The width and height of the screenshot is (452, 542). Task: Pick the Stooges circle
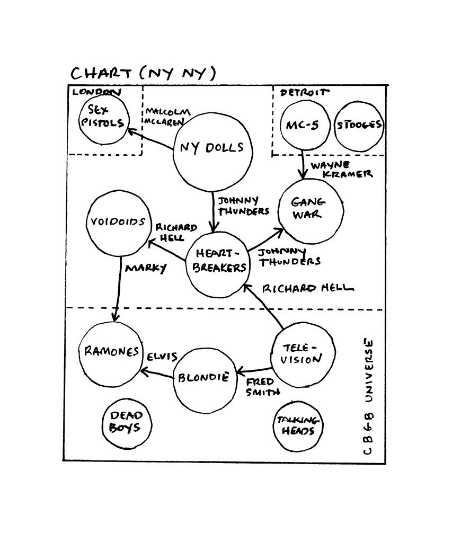click(359, 126)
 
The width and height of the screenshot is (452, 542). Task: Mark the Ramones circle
click(111, 352)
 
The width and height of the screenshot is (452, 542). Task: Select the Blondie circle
click(204, 378)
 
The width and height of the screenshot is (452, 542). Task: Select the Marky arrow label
click(145, 268)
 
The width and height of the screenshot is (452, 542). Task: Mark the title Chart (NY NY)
click(143, 73)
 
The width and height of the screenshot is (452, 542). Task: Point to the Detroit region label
click(304, 93)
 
